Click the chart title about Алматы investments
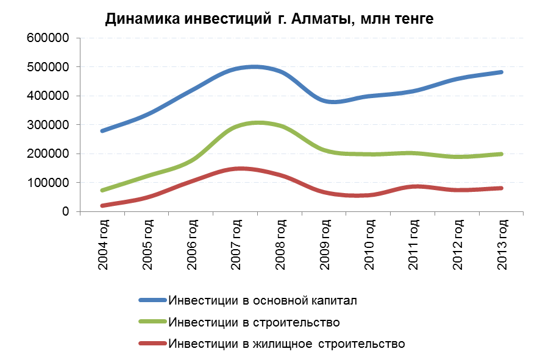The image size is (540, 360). (269, 19)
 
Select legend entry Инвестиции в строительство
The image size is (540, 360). (254, 322)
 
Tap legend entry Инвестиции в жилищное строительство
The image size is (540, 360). (286, 343)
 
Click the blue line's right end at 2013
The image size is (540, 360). (501, 72)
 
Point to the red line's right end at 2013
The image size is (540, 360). (501, 188)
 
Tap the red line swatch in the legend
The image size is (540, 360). (153, 343)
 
